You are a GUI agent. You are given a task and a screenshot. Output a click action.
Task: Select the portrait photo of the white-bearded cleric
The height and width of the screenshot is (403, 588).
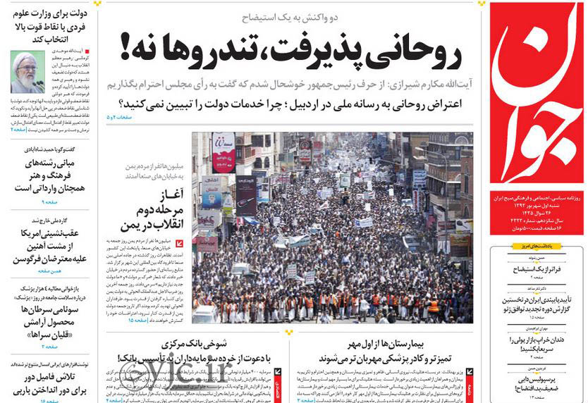[x=26, y=71]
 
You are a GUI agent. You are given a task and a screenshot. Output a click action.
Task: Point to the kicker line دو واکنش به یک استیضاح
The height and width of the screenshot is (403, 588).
[x=290, y=15]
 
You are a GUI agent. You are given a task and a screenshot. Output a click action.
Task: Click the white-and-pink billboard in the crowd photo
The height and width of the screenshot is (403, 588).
[x=224, y=152]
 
